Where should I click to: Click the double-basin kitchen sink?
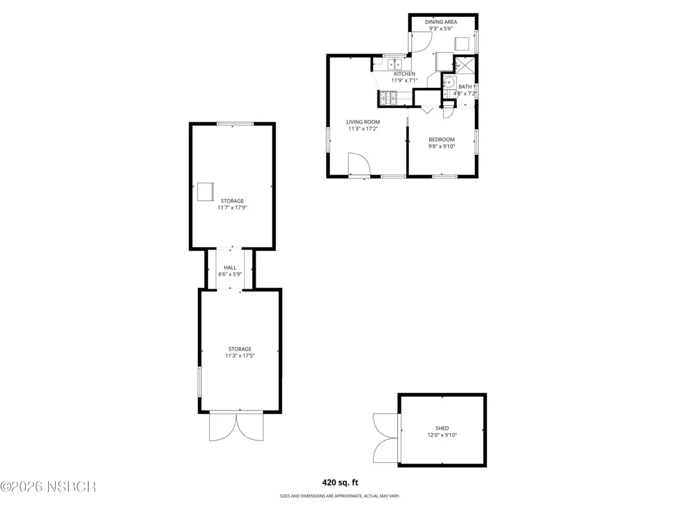[395, 65]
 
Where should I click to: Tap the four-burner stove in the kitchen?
[388, 98]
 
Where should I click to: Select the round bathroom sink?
[448, 82]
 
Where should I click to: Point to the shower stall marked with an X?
[465, 65]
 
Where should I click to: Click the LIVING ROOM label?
[363, 122]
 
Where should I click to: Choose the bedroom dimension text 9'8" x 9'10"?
[442, 146]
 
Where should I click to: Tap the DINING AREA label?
[441, 22]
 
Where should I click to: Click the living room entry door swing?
[359, 164]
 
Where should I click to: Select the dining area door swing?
[421, 42]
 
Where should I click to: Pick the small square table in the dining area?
[462, 44]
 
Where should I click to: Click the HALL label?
[230, 268]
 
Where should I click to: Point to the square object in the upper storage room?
[205, 192]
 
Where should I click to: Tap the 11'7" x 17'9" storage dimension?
[232, 207]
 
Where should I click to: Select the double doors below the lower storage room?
[236, 426]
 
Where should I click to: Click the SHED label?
[442, 428]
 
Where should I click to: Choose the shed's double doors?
[386, 438]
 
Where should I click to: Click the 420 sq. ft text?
[340, 482]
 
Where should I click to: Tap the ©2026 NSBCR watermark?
[48, 487]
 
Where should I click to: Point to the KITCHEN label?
[404, 74]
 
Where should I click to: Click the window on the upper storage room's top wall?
[235, 124]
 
